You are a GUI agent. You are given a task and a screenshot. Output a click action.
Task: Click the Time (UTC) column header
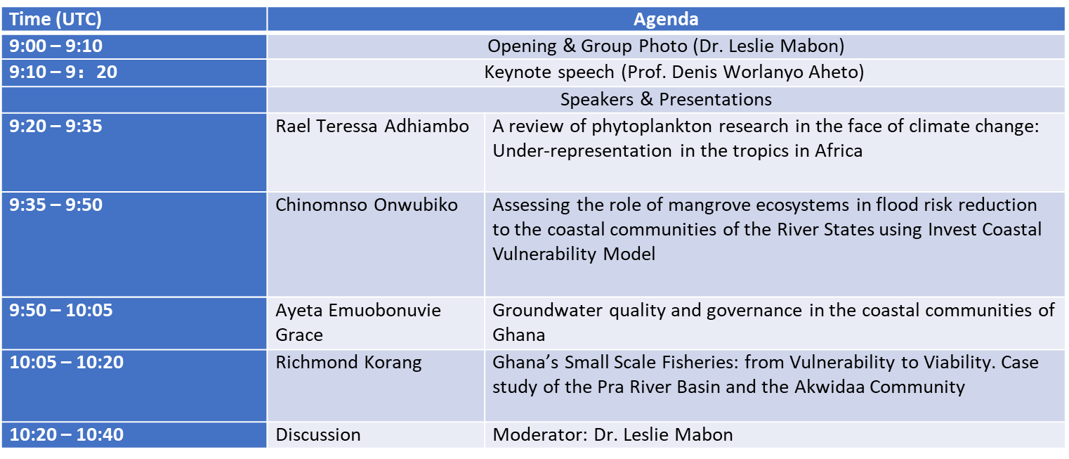pos(55,19)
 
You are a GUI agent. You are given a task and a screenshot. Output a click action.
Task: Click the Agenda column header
pos(666,19)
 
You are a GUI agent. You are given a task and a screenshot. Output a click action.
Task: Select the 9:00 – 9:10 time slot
pos(55,46)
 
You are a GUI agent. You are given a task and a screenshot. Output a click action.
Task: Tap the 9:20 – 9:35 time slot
pos(55,126)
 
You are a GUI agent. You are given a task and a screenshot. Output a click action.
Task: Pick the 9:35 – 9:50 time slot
pos(55,205)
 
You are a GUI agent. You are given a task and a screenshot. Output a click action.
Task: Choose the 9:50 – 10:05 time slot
pos(61,311)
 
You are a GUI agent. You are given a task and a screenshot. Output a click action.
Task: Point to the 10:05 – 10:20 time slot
pos(66,363)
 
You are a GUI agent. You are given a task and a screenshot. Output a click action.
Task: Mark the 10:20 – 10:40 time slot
pos(66,434)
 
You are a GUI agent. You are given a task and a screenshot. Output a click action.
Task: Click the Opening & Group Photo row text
pos(666,46)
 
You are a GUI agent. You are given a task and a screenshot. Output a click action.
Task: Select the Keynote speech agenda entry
pos(674,72)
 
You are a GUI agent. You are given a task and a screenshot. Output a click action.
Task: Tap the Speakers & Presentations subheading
pos(666,99)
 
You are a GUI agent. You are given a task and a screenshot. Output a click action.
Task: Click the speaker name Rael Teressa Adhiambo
pos(372,126)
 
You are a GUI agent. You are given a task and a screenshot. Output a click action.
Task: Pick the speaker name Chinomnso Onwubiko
pos(367,205)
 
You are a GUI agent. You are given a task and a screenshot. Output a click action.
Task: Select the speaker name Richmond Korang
pos(348,363)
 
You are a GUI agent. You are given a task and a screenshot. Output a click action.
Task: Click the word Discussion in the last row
pos(318,434)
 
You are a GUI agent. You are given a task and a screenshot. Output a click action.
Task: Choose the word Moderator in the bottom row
pos(540,434)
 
